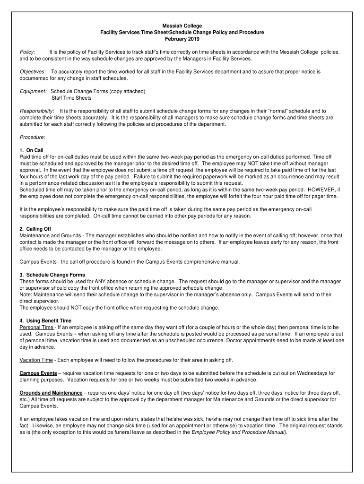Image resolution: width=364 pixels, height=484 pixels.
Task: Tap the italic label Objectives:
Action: [x=33, y=71]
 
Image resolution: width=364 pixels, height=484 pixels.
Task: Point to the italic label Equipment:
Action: [x=33, y=91]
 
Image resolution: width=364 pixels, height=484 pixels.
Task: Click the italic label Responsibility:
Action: [x=37, y=111]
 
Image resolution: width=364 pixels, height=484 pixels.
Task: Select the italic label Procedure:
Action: [x=33, y=137]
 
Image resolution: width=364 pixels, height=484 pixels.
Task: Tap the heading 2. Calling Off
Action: [x=35, y=229]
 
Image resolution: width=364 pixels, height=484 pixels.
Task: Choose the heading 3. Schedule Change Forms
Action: [x=52, y=275]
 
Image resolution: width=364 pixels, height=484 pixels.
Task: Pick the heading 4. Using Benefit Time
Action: [x=45, y=320]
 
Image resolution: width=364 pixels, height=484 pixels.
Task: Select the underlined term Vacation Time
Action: [x=36, y=360]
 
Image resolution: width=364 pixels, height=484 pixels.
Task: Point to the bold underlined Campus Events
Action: [x=38, y=373]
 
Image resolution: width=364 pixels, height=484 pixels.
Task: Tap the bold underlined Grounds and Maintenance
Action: [x=51, y=393]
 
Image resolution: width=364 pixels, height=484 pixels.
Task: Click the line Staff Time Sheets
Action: [x=71, y=98]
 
